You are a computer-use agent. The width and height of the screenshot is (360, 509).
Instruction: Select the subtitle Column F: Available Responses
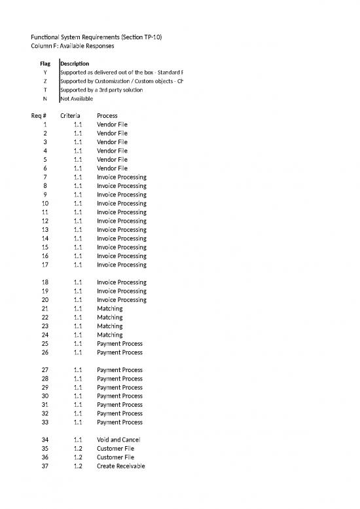[x=72, y=47]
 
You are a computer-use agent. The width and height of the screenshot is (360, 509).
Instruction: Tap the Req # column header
[x=39, y=115]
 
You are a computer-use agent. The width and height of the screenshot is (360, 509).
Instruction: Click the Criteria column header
[x=71, y=115]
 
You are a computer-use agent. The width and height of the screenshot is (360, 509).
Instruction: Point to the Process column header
[x=108, y=115]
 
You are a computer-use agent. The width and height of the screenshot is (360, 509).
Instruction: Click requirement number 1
[x=45, y=124]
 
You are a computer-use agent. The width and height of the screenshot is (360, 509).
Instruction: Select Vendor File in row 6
[x=112, y=168]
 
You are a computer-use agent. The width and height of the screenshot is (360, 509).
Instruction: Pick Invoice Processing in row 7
[x=122, y=177]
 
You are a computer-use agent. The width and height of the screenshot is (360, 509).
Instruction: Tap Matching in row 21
[x=109, y=309]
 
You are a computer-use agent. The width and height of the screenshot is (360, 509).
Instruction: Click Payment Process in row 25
[x=120, y=344]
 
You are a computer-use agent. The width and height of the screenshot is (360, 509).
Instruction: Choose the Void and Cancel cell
[x=118, y=440]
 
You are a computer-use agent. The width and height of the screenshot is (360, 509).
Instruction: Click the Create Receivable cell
[x=121, y=466]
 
